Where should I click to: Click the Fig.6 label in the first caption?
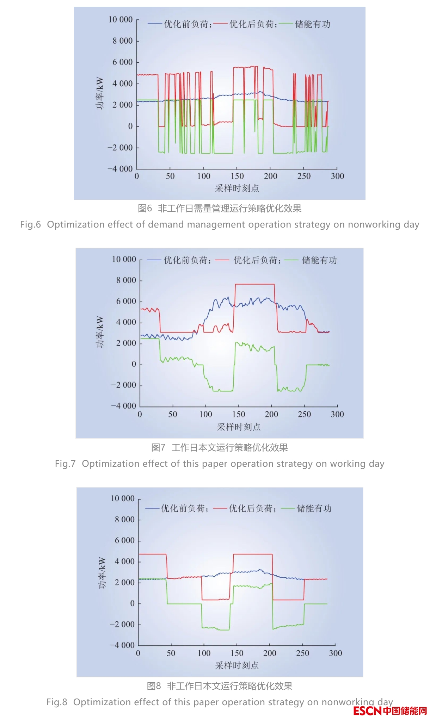pos(30,224)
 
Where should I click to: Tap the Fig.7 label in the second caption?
pos(65,464)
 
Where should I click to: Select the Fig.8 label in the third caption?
pos(57,702)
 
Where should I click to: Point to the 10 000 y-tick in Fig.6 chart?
pos(121,20)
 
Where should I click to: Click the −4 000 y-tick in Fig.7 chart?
pos(124,406)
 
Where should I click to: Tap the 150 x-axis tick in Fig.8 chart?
pos(237,653)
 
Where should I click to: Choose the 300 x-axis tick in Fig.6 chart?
pos(337,176)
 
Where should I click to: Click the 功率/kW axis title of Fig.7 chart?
pos(100,332)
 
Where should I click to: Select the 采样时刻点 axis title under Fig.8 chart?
pos(237,665)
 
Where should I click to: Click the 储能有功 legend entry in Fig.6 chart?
pos(312,24)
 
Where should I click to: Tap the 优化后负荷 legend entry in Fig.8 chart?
pos(251,508)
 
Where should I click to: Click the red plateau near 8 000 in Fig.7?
pos(254,284)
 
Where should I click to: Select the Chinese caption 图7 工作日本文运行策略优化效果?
pos(219,447)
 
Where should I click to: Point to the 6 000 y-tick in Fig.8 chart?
pos(125,540)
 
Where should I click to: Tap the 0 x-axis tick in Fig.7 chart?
pos(140,414)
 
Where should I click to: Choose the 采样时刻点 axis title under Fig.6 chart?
pos(237,188)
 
